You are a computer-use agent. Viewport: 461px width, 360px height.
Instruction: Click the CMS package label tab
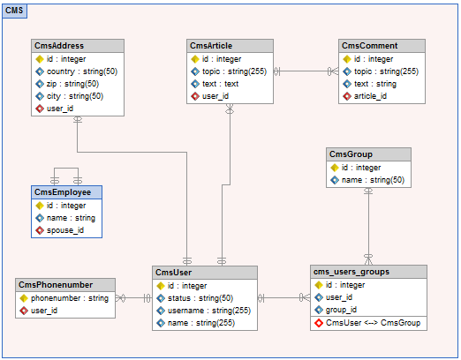pos(14,11)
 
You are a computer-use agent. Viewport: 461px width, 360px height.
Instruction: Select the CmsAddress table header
pos(78,46)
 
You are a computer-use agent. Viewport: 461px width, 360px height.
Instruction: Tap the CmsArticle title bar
pos(230,46)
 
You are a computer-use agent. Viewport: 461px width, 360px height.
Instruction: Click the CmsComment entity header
pos(382,46)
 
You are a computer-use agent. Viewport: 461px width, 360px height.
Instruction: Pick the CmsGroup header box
pos(368,154)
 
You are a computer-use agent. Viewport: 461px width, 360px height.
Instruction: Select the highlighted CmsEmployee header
pos(66,192)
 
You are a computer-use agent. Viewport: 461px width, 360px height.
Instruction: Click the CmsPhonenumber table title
pos(65,285)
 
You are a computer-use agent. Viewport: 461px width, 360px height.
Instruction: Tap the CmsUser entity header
pos(205,273)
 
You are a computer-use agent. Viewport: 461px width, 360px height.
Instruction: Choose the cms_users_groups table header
pos(368,272)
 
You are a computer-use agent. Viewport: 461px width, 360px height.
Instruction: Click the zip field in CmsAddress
pos(72,84)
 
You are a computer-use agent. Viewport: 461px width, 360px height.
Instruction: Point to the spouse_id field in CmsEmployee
pos(65,230)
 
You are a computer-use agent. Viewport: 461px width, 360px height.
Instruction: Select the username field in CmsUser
pos(209,311)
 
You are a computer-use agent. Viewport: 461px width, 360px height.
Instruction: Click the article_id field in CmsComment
pos(370,96)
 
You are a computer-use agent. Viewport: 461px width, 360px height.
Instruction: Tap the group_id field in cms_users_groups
pos(341,310)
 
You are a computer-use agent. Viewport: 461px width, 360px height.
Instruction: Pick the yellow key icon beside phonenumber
pos(24,298)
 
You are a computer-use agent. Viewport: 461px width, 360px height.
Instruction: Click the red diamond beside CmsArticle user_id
pos(195,96)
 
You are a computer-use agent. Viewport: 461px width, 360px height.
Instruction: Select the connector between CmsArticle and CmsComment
pos(306,71)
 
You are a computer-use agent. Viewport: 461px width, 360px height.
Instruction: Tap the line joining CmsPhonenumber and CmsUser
pos(133,298)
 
